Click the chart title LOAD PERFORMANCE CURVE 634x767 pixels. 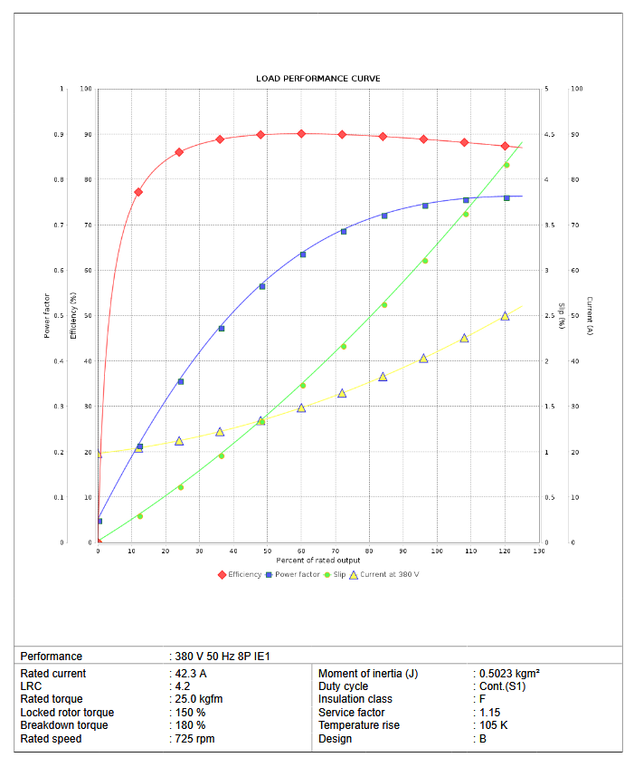point(317,79)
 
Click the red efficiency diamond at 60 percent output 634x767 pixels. point(301,134)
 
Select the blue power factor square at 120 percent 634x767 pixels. point(506,197)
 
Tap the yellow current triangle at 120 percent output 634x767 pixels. point(505,316)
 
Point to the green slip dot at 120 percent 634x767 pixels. point(506,165)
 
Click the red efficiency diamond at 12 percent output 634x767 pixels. point(138,192)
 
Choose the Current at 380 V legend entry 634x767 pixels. point(390,574)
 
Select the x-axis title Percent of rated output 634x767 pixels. point(317,561)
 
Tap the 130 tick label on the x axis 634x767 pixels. point(539,551)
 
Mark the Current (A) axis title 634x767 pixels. point(588,316)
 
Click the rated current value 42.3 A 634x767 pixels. point(191,674)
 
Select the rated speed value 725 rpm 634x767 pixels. point(194,739)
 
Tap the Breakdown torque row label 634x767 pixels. point(64,725)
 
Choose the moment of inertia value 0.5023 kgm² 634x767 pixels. point(509,674)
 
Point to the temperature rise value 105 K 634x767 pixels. point(493,725)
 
